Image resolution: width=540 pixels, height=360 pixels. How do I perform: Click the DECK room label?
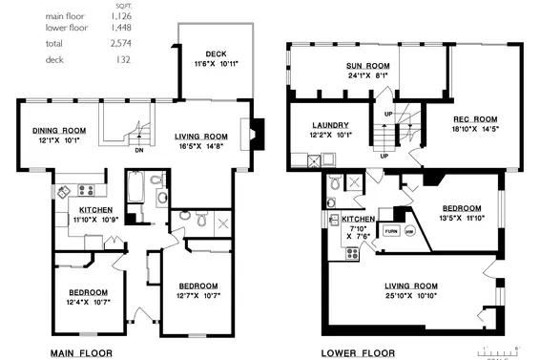coord(215,53)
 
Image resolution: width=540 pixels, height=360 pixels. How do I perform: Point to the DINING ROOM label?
coord(60,131)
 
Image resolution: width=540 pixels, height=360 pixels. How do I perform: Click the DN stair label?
coord(138,149)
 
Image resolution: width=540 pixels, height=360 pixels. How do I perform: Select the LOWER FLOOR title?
coord(358,352)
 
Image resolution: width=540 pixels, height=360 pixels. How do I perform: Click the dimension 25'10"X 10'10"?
coord(410,295)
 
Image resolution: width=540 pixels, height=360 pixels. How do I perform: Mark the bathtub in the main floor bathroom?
coord(135,187)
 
